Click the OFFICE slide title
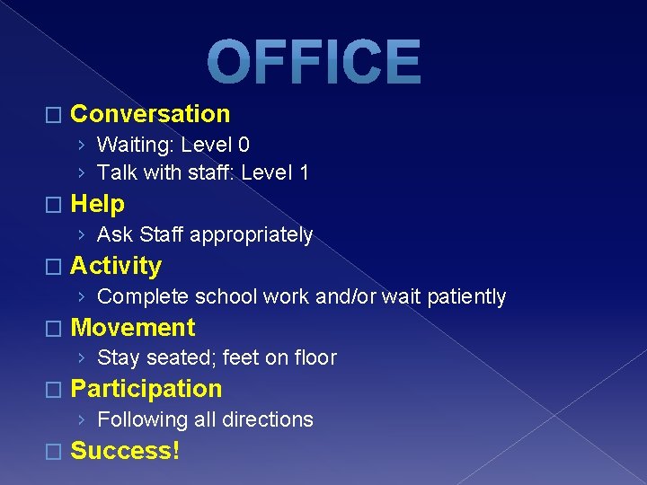point(314,63)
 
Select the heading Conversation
point(150,114)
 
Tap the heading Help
point(97,204)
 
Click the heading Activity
point(116,266)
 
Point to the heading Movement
point(132,328)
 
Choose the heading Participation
point(146,389)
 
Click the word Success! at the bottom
point(125,451)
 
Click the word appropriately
point(263,235)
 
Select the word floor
point(315,358)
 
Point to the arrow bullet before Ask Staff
point(82,235)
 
